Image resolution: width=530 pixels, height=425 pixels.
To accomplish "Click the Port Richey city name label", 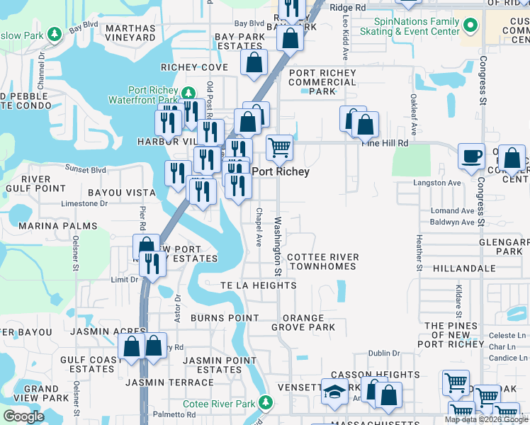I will click(281, 171).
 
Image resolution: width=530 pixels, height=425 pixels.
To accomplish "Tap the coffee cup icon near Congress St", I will click(470, 157).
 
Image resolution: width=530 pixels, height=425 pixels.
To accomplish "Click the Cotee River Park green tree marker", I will click(265, 402).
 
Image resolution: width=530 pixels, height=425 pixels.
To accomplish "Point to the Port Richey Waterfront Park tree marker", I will click(188, 93).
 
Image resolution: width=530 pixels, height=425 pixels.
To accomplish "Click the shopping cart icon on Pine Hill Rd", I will click(280, 148).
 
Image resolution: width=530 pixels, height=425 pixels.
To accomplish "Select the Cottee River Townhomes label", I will click(322, 261).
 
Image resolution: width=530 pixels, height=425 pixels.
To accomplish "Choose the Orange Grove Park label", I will click(303, 322).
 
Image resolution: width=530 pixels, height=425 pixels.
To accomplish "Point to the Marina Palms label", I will click(48, 225).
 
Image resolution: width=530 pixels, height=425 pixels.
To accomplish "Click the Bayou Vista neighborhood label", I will click(121, 193).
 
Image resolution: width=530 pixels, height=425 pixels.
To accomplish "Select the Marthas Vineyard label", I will click(130, 33).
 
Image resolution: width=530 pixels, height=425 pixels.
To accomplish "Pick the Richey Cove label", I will click(194, 67).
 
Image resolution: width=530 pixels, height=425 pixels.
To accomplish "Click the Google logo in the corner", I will click(24, 416).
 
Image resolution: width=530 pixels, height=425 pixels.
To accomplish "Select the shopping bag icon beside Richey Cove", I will click(254, 63).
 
